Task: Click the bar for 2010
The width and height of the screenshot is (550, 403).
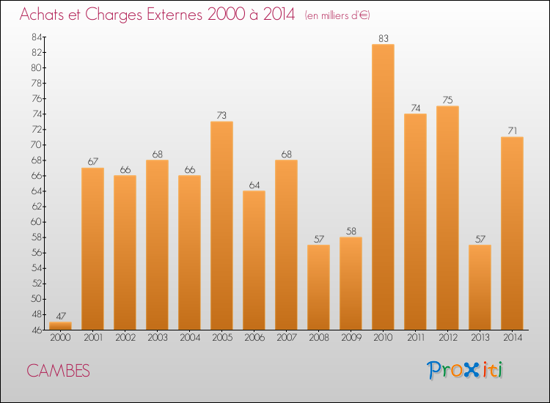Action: tap(383, 187)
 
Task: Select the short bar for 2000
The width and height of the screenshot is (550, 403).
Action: tap(60, 325)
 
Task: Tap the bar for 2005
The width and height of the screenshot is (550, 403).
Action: tap(221, 225)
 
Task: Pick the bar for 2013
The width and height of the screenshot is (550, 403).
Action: tap(480, 286)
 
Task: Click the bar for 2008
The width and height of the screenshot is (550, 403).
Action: tap(318, 286)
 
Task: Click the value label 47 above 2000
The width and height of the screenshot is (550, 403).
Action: tap(60, 316)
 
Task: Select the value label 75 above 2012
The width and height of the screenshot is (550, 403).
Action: tap(447, 100)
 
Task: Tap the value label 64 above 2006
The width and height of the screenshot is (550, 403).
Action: tap(254, 185)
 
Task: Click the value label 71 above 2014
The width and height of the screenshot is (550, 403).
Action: tap(512, 130)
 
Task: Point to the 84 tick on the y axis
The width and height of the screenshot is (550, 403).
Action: tap(34, 37)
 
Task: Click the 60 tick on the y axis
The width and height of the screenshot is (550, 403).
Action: tap(34, 222)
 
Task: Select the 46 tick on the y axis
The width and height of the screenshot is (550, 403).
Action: tap(34, 330)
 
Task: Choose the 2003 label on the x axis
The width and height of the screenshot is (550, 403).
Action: tap(157, 339)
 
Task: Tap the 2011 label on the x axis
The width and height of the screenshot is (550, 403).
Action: tap(415, 339)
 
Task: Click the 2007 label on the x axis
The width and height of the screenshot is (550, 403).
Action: tap(286, 339)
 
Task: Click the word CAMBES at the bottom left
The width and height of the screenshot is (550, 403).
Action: tap(58, 371)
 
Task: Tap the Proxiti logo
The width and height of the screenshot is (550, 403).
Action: tap(465, 370)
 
